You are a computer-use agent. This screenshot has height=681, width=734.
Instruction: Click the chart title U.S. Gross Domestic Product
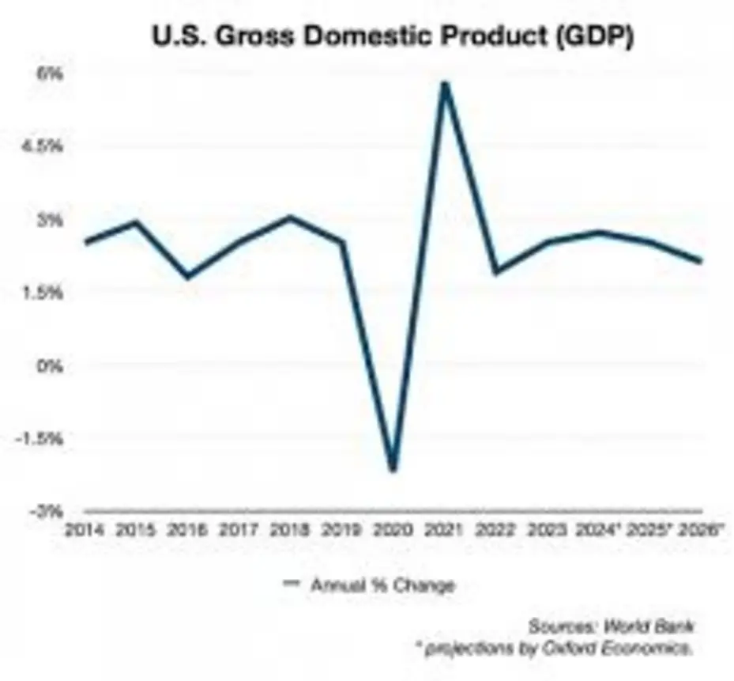tap(366, 38)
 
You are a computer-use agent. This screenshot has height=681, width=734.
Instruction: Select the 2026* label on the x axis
tap(702, 531)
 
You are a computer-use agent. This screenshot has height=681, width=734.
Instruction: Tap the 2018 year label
tap(289, 531)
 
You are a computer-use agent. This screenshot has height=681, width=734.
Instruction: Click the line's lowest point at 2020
tap(392, 470)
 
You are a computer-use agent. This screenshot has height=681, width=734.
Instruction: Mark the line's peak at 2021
tap(445, 83)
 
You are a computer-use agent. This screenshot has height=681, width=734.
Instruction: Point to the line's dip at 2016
tap(187, 277)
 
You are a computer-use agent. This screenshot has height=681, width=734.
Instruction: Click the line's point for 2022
tap(495, 272)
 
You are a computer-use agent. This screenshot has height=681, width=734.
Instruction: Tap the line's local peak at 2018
tap(289, 217)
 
